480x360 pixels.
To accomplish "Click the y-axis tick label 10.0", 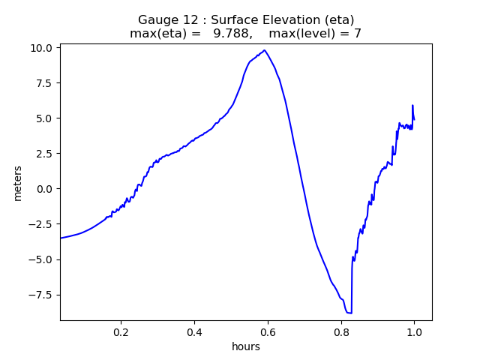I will pos(42,47).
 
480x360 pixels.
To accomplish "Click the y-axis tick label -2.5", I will pos(42,224).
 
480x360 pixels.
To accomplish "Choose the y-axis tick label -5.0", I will pos(42,259).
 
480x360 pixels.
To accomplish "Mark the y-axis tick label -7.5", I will pos(42,295).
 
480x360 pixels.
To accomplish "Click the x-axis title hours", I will pos(246,346).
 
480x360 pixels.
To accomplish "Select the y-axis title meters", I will pos(17,183).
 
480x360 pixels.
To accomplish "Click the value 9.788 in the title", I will pos(231,34).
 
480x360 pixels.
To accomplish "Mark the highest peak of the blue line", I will pos(265,50).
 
